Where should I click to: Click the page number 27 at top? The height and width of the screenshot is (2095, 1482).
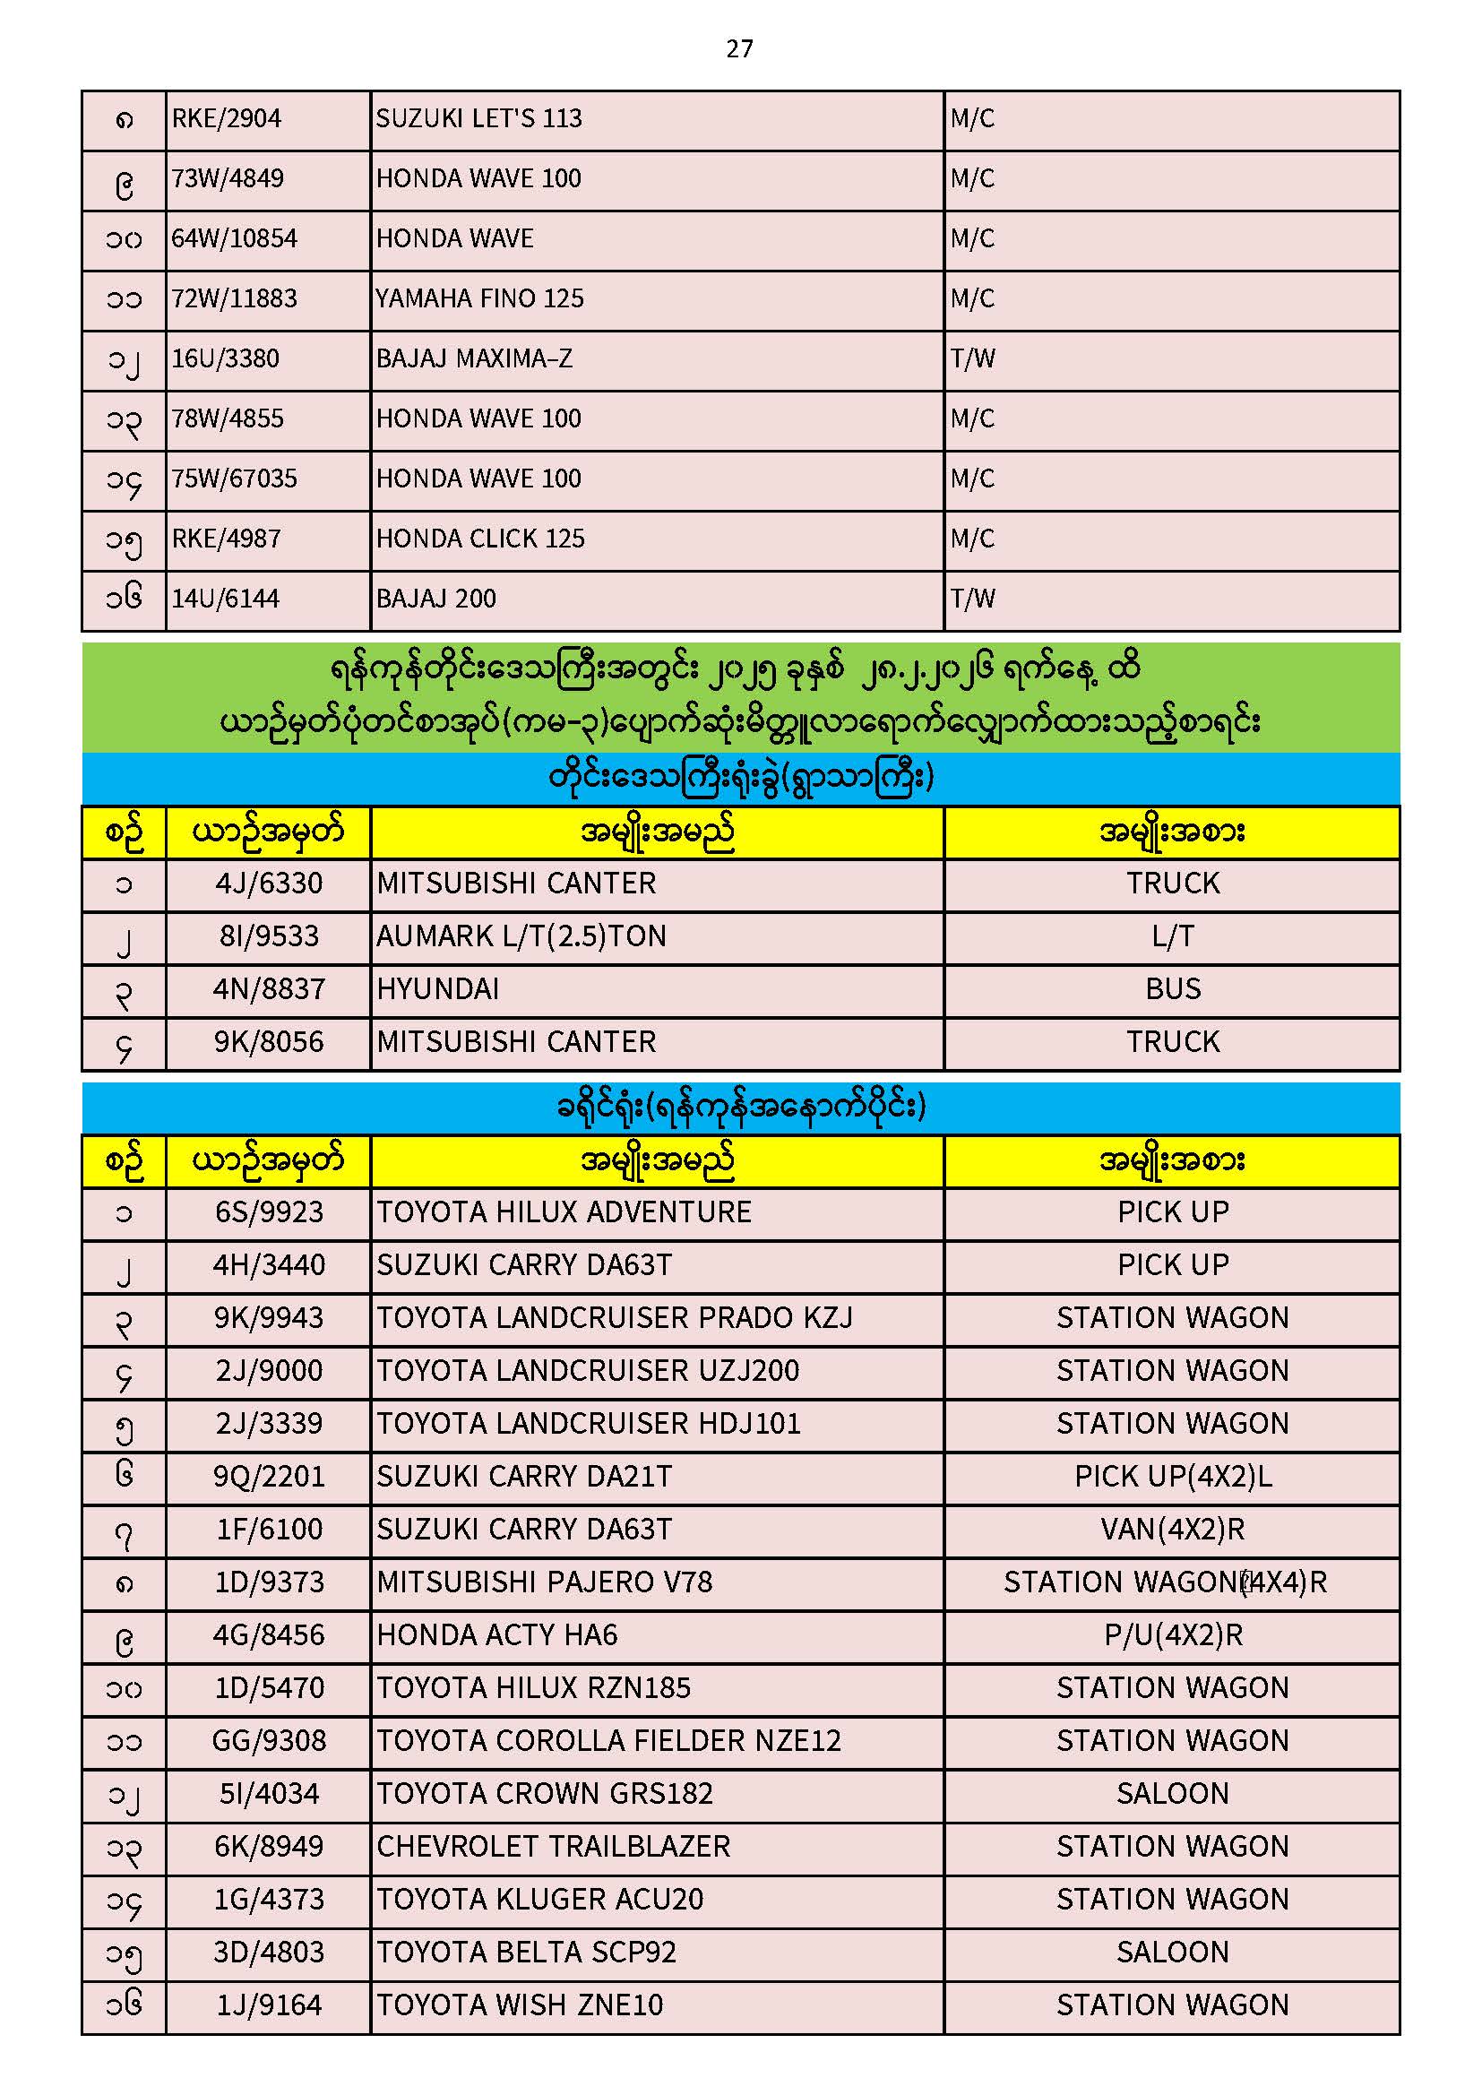(x=739, y=49)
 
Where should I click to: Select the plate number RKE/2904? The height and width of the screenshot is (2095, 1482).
(x=227, y=118)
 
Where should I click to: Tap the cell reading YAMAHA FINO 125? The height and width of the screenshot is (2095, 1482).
(x=480, y=298)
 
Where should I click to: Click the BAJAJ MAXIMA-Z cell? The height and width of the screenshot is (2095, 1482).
(x=475, y=358)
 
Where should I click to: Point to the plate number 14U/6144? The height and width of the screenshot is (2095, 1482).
(x=226, y=599)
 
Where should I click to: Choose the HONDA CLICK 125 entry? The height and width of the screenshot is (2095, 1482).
(x=481, y=539)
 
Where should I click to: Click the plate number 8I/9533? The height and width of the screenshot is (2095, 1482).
(x=269, y=936)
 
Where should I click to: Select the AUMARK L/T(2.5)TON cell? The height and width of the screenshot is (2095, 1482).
(x=521, y=936)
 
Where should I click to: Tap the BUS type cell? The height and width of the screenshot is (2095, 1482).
(x=1173, y=989)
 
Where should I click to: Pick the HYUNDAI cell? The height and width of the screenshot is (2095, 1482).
(x=438, y=989)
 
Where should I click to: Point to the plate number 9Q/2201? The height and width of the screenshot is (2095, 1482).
(x=269, y=1477)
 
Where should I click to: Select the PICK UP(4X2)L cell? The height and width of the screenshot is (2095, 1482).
(x=1173, y=1477)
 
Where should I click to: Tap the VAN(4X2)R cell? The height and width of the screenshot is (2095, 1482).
(x=1173, y=1530)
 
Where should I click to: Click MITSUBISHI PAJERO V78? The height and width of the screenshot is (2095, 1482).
(x=544, y=1582)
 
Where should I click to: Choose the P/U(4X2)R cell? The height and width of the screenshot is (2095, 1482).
(x=1173, y=1635)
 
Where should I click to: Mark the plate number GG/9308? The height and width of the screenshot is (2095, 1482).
(x=269, y=1741)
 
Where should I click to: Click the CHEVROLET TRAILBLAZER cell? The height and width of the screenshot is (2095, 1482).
(x=554, y=1847)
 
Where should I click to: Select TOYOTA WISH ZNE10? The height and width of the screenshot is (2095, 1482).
(x=521, y=2005)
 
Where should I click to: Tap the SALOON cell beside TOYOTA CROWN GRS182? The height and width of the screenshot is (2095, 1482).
(x=1173, y=1794)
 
